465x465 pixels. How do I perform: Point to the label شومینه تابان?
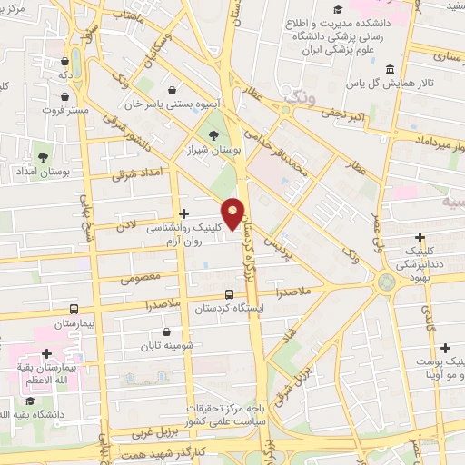pos(163,346)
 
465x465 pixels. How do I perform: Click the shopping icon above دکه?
pos(64,63)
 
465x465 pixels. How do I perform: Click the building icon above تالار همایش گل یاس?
pos(390,71)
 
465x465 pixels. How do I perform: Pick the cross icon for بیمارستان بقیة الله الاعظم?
pos(46,353)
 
